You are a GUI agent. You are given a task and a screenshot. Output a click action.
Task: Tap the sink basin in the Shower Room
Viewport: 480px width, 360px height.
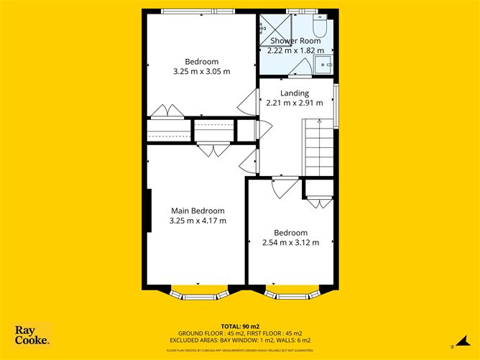pos(325,64)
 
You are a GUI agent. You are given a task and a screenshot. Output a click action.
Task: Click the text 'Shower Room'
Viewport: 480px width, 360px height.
pos(295,41)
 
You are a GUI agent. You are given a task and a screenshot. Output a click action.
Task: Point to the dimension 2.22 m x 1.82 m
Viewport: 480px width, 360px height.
pos(295,51)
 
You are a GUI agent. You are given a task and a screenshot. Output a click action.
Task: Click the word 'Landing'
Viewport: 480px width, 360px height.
pos(295,93)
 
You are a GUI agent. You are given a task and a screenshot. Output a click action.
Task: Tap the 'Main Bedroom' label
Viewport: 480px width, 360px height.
pos(198,211)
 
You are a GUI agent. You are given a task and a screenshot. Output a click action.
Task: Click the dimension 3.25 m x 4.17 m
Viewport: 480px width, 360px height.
pos(198,221)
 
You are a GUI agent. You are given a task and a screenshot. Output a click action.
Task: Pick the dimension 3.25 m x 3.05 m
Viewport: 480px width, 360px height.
pos(201,71)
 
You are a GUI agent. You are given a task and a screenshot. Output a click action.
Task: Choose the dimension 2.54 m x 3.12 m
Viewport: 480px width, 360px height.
pos(290,243)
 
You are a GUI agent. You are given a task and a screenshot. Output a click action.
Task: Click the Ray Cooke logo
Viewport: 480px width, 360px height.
pos(32,335)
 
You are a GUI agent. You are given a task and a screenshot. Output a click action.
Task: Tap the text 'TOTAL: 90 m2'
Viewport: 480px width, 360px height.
pos(240,326)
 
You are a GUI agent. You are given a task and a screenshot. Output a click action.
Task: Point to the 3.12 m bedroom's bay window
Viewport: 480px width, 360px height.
pos(292,294)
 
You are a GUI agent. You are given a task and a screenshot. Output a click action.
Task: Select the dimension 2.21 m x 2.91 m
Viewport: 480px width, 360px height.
pos(295,103)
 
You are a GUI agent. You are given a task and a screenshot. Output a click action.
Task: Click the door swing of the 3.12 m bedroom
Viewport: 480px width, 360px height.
pos(285,188)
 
